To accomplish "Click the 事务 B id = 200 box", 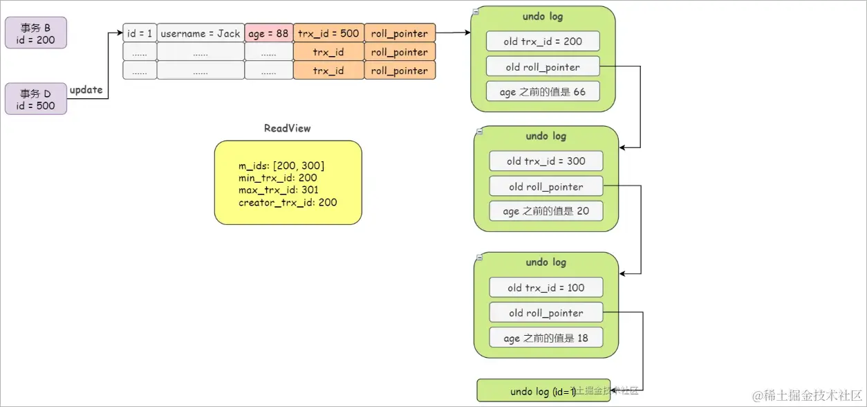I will coord(36,33).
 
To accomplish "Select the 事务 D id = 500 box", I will coord(36,99).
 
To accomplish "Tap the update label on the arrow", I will coord(86,90).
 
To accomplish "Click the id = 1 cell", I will coord(140,33).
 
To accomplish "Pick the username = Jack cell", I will coord(201,33).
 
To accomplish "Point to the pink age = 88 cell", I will coord(269,33).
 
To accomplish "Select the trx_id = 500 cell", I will coord(328,33).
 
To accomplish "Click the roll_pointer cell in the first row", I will coord(400,33).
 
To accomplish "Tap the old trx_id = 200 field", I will coord(543,42).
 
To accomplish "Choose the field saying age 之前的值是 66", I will coord(543,91).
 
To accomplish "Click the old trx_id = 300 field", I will coord(546,161).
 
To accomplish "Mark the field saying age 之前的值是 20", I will coord(546,211).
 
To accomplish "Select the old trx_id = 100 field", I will coord(546,288).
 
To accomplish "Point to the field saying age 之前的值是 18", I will coord(546,338).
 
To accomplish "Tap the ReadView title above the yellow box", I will coord(288,128).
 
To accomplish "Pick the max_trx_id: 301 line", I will coord(279,190).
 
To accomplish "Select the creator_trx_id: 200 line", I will coord(288,203).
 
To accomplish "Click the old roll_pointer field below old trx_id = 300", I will coord(546,187).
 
